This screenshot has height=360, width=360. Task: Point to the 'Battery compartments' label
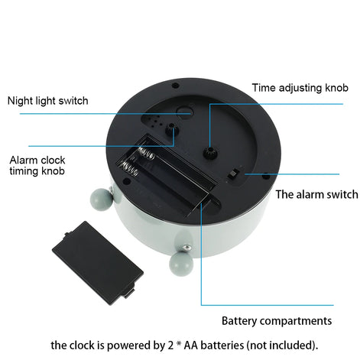(x=277, y=320)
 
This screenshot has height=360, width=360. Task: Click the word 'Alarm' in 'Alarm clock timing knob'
(x=24, y=160)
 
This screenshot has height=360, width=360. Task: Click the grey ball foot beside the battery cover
(x=178, y=264)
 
